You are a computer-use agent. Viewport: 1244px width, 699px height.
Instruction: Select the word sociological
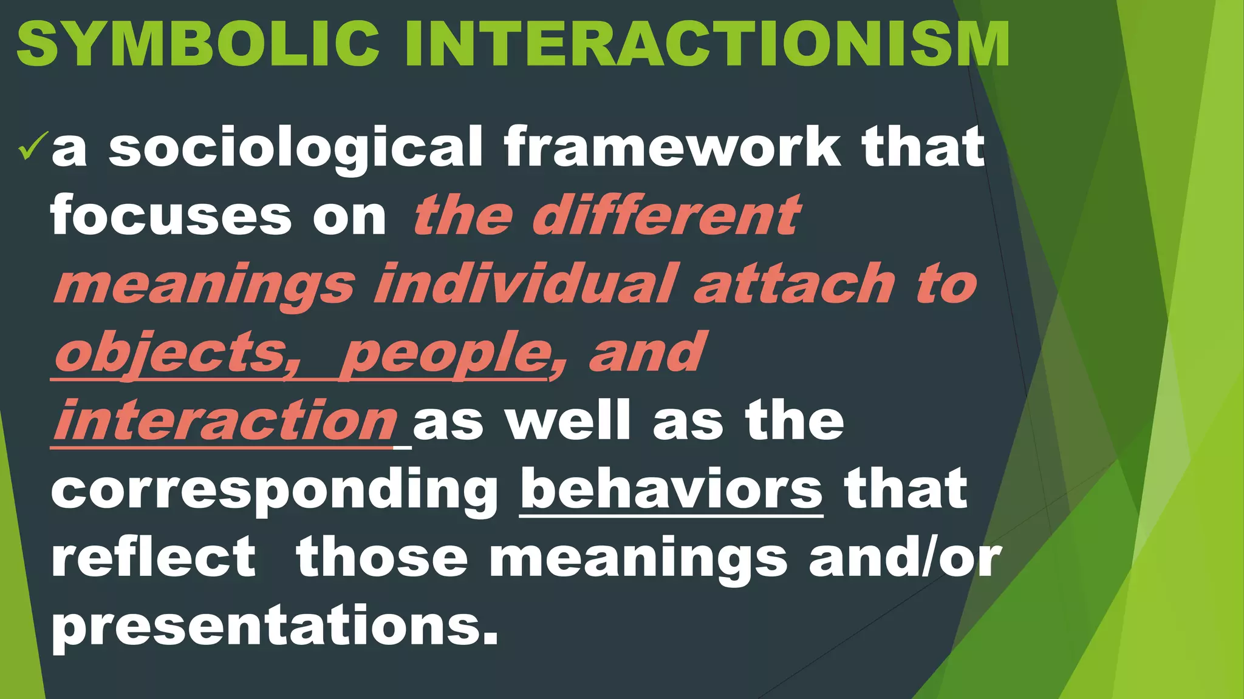tap(296, 148)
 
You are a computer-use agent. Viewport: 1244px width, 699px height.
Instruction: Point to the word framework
tap(672, 147)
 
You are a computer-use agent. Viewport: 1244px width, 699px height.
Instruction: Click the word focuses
tap(171, 217)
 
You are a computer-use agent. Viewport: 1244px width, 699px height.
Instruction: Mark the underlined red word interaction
tap(225, 422)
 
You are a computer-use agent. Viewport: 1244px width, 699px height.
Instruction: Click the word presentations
tap(275, 626)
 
